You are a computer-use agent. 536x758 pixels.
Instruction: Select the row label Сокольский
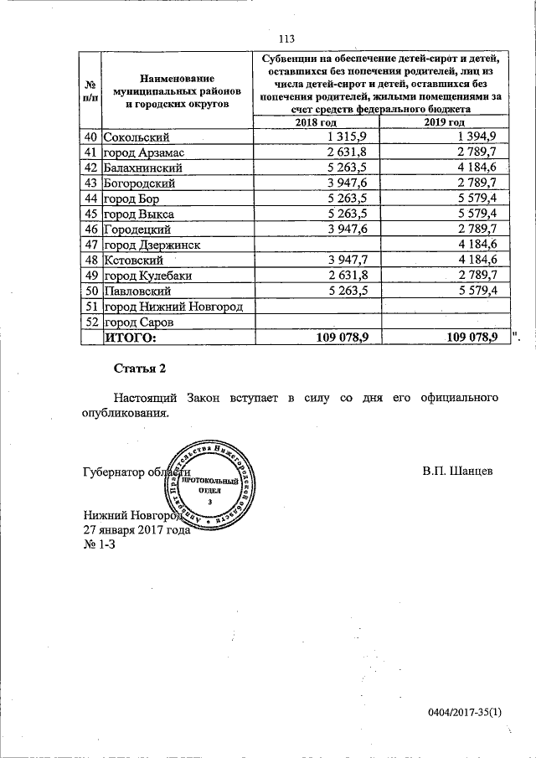pyautogui.click(x=137, y=137)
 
